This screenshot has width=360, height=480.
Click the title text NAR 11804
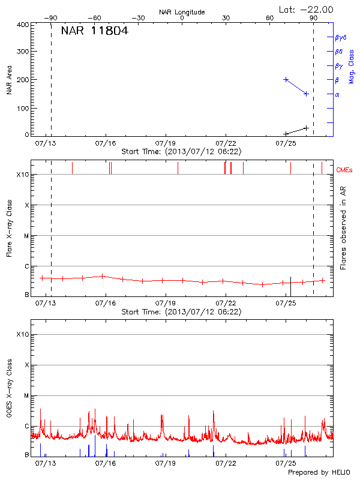point(94,31)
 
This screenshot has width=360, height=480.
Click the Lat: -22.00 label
point(307,9)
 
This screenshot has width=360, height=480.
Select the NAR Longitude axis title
point(182,12)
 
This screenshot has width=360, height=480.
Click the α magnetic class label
point(337,94)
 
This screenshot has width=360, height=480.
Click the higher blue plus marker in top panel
point(286,79)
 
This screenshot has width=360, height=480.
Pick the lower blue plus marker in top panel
point(306,94)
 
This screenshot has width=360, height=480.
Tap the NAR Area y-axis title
point(10,80)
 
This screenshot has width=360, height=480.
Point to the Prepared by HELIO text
point(319,473)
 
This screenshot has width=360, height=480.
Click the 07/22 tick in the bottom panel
point(226,463)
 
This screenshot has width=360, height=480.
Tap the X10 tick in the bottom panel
point(23,334)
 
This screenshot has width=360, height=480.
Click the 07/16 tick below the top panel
point(106,143)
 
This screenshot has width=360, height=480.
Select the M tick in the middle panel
point(26,236)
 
